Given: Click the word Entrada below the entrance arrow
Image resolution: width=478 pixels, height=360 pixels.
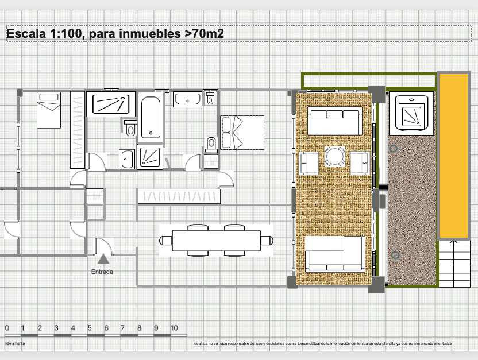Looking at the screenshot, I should point(102,272).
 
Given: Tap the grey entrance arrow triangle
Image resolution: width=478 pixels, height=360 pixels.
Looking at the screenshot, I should point(103,260).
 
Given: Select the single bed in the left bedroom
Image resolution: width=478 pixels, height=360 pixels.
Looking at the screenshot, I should point(49,110).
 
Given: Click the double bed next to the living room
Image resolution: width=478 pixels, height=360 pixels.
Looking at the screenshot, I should point(242,132).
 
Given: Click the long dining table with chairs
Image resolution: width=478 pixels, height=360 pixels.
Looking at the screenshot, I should point(215,240).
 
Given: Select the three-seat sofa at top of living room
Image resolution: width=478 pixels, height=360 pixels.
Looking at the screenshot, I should point(334,120).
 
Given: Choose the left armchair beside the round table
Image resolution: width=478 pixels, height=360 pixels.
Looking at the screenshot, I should point(309,163).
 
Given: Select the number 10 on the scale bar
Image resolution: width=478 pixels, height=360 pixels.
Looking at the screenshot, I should point(174,328).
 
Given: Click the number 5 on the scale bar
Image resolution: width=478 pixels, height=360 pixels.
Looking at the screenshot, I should point(89,328).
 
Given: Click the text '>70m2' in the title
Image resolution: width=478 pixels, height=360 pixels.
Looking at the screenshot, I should point(204,34).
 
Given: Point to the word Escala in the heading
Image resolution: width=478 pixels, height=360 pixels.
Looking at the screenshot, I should point(25,34).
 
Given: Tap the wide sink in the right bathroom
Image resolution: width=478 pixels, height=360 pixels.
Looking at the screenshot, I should point(188,100).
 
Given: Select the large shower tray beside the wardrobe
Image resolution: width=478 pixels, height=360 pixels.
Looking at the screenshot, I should point(111,104).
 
